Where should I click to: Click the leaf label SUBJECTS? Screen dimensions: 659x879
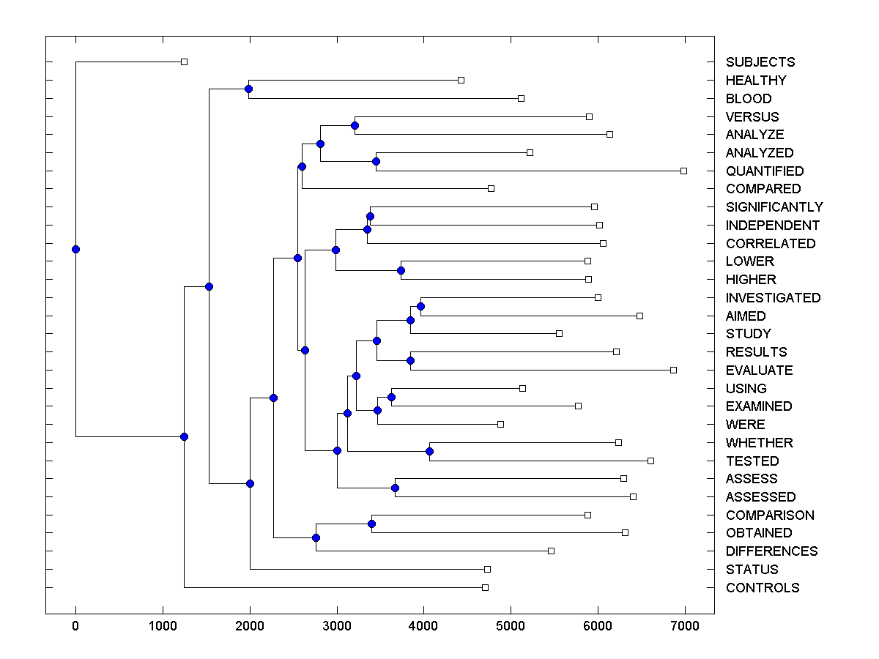point(760,62)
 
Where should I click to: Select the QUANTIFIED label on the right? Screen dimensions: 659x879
point(764,171)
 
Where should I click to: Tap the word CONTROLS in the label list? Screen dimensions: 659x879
point(762,588)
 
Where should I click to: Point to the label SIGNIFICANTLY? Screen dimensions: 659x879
point(774,207)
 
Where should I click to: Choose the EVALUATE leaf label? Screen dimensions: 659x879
point(759,371)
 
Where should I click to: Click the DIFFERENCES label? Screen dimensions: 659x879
point(771,551)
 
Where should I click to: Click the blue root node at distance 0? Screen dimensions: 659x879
point(75,249)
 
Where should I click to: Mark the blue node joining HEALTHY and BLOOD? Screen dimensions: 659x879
point(248,89)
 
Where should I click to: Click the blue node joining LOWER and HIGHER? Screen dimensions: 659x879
point(401,271)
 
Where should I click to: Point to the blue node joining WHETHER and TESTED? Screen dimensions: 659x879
point(429,451)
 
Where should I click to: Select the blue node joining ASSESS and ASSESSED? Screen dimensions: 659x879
point(395,488)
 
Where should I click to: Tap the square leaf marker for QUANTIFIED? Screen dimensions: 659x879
point(683,171)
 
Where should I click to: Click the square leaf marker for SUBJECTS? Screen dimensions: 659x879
point(184,62)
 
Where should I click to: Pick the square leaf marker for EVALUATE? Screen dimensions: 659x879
point(673,370)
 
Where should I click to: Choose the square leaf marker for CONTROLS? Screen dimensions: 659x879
point(485,587)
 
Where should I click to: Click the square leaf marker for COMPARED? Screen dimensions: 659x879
point(491,188)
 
